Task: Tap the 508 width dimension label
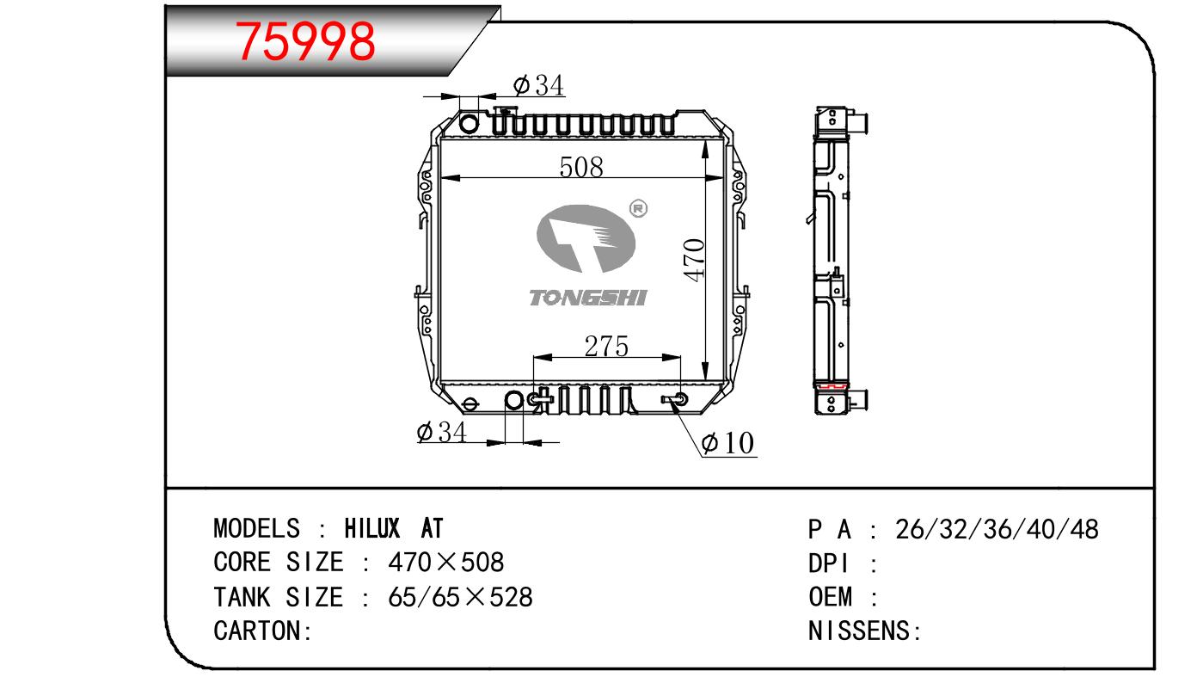point(581,167)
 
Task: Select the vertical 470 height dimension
point(695,260)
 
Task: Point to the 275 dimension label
point(606,347)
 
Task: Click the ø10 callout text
point(727,443)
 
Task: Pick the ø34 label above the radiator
point(538,85)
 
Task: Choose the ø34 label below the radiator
point(441,432)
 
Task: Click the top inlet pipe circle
point(469,123)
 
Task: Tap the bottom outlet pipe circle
point(514,400)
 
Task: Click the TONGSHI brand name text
point(588,298)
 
